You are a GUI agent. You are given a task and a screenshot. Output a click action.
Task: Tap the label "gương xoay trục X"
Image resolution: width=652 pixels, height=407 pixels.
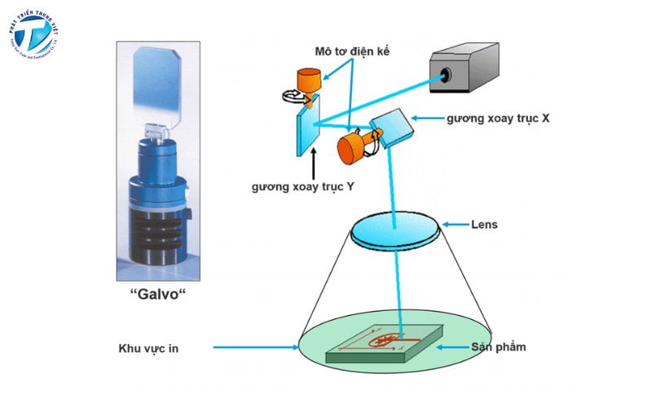497,118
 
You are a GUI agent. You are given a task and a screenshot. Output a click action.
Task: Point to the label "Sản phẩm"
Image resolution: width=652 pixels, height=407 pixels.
498,347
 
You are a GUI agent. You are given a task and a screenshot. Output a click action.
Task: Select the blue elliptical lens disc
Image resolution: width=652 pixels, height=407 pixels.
396,230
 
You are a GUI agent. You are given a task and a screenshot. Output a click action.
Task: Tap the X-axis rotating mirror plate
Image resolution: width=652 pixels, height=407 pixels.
390,126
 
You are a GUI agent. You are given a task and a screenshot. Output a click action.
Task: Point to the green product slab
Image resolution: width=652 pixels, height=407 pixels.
383,346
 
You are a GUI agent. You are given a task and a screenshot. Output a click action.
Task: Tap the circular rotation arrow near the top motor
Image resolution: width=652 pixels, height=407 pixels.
290,96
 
